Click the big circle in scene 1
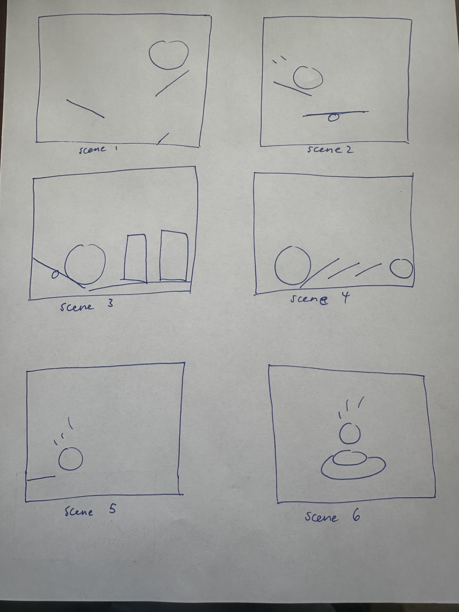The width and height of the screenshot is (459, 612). click(169, 55)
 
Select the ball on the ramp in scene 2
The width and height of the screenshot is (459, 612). click(308, 77)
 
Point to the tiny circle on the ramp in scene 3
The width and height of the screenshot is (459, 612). click(55, 274)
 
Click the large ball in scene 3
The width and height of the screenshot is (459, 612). click(85, 264)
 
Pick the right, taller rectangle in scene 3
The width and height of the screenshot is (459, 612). click(174, 256)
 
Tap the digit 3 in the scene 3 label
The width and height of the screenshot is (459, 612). click(110, 303)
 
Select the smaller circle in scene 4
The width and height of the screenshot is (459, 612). click(401, 269)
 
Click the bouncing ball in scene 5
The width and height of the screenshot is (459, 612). click(70, 459)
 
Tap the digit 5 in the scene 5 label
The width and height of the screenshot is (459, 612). click(112, 509)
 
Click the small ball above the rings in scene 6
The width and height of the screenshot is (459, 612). click(350, 434)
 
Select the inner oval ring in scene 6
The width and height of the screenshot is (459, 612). click(349, 458)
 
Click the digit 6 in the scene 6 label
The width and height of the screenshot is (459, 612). click(356, 516)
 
